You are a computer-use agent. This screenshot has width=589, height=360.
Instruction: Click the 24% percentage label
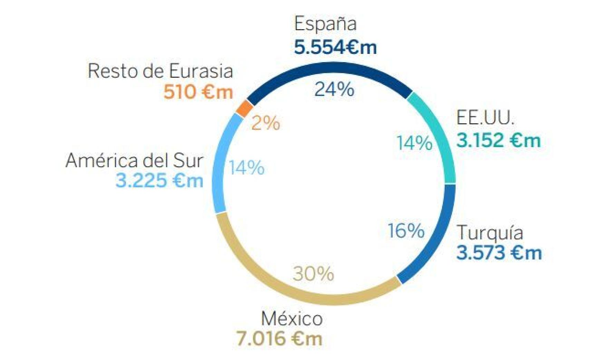click(334, 89)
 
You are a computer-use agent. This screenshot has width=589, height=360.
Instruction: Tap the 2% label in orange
click(265, 123)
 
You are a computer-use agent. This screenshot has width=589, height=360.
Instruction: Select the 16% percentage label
click(406, 230)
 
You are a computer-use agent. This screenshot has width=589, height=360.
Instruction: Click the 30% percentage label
click(313, 274)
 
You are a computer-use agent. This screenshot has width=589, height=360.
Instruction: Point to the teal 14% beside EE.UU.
click(414, 143)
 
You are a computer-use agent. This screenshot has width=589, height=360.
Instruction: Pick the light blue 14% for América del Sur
click(247, 168)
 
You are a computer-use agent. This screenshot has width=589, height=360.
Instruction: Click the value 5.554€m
click(335, 47)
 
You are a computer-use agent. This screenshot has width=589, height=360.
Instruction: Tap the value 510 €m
click(198, 92)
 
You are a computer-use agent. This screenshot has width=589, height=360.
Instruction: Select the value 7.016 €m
click(279, 339)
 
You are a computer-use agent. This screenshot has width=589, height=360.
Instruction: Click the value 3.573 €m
click(499, 253)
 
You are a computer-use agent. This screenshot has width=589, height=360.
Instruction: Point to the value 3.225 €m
click(159, 181)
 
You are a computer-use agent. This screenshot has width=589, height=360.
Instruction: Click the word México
click(292, 319)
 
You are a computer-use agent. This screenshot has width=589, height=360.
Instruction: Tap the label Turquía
click(490, 233)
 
